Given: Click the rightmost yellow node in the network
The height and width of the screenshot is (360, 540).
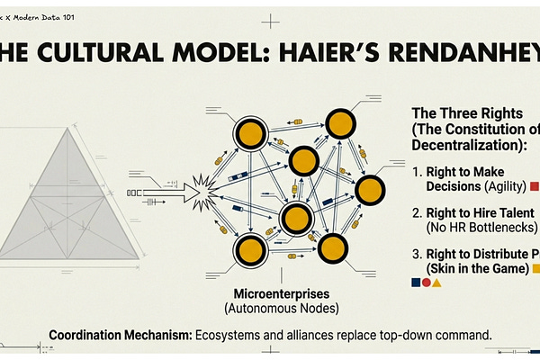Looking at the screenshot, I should (x=370, y=190).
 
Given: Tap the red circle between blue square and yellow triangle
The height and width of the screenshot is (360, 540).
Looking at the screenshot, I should (x=427, y=283).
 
